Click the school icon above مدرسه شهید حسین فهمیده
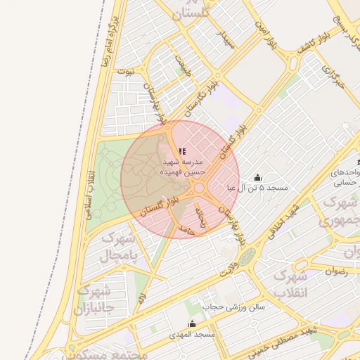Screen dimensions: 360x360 182,151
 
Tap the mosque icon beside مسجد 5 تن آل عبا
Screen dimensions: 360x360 257,177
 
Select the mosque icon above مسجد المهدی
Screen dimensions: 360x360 193,323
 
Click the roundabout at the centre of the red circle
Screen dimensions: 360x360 200,188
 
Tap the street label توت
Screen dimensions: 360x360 125,71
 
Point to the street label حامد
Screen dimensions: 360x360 186,229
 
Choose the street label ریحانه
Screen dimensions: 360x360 202,217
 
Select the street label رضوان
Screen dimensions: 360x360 337,270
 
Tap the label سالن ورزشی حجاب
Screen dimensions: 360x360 233,307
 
